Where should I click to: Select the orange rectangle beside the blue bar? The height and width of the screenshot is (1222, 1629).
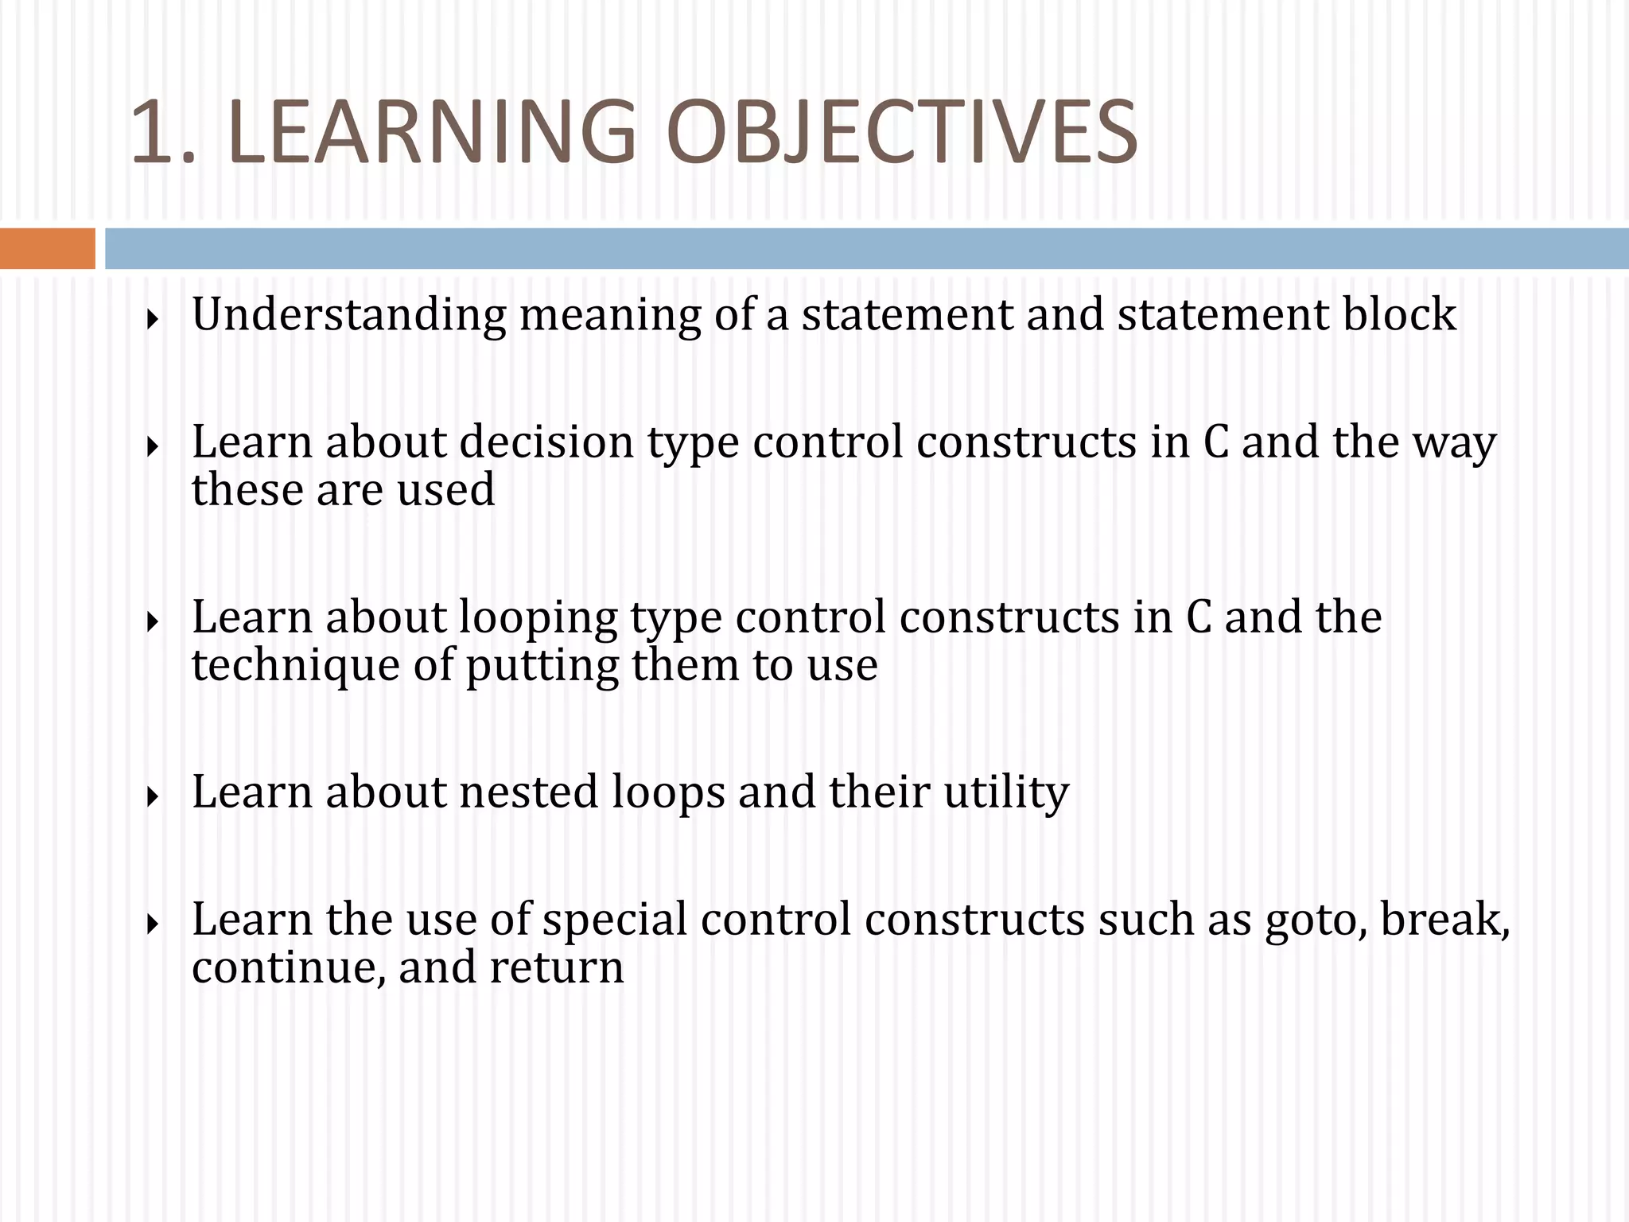pos(47,248)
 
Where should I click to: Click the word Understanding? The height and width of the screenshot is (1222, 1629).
pos(348,314)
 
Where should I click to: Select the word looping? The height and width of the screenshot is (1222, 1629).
pos(538,617)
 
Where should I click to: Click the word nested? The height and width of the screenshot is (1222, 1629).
pos(528,792)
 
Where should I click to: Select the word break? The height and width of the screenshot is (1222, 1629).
pos(1444,920)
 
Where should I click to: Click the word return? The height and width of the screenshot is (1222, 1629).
pos(557,967)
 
